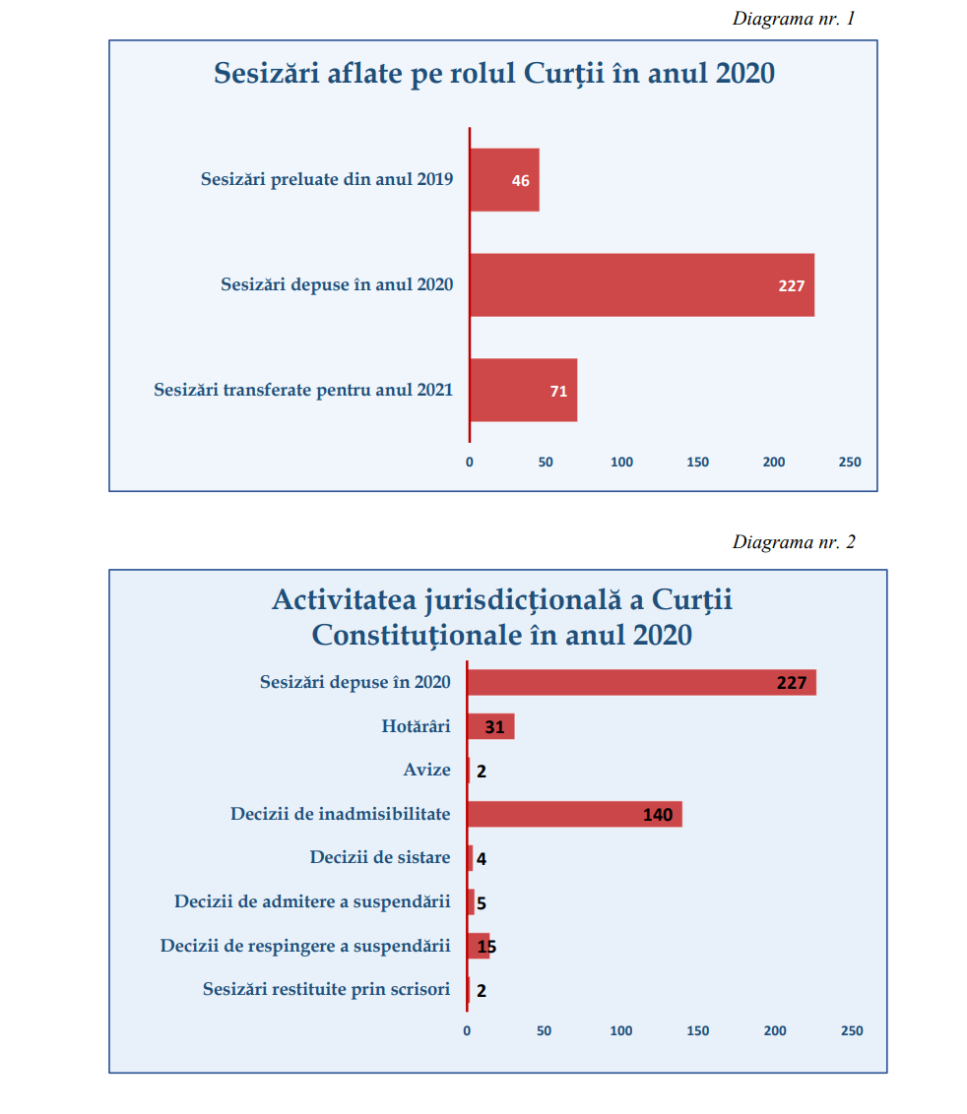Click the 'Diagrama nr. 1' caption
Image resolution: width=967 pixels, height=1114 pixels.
coord(794,19)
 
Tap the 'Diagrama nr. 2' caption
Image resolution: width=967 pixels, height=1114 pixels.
coord(794,542)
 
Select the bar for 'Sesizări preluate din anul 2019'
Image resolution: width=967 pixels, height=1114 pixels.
coord(504,180)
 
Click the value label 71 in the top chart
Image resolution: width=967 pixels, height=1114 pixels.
coord(558,392)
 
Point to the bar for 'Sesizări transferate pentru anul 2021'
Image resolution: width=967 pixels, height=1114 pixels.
coord(522,391)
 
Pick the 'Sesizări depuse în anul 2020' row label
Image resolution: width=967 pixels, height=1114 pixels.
coord(337,285)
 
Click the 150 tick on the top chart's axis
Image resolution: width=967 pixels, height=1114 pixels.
coord(698,462)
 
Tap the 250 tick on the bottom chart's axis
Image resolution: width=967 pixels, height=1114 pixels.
coord(852,1030)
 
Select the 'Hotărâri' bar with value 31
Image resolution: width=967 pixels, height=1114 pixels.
coord(490,727)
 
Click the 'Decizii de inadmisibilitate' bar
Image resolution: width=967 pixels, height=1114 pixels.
coord(573,814)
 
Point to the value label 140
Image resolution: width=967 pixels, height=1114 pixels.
coord(658,815)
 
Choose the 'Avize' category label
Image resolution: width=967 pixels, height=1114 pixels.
coord(426,771)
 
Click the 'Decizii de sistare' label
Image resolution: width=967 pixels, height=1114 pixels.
coord(380,857)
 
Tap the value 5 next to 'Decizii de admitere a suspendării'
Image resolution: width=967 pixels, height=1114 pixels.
coord(482,902)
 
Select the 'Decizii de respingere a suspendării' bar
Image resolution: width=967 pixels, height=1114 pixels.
coord(478,946)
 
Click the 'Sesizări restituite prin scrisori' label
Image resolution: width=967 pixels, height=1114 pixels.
coord(326,989)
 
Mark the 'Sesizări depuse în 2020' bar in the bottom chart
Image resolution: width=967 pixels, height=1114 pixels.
coord(640,682)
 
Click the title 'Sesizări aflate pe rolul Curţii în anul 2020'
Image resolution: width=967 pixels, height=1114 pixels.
coord(494,74)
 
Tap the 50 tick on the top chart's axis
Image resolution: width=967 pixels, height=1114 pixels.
coord(546,462)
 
